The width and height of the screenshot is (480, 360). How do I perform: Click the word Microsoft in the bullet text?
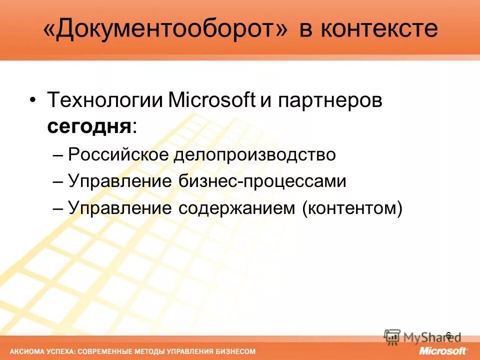click(212, 100)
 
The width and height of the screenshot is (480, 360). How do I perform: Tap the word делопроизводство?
click(254, 154)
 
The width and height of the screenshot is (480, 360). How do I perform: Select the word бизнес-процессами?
click(262, 181)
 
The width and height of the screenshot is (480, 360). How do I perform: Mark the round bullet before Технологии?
click(32, 100)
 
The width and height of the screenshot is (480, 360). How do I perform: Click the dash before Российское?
click(58, 155)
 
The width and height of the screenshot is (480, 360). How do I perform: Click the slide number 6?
click(448, 335)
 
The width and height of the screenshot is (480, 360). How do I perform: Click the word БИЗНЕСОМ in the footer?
click(236, 351)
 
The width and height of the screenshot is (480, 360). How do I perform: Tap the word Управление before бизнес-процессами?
click(120, 181)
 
